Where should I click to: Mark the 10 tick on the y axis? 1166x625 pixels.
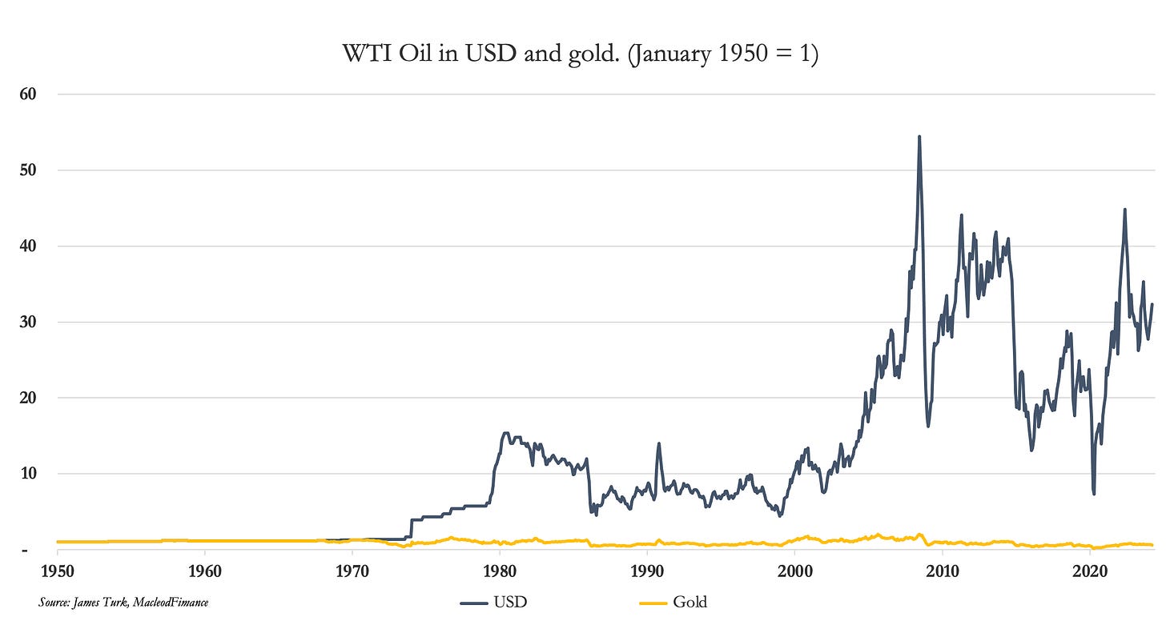30,474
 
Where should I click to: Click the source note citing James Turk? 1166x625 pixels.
123,601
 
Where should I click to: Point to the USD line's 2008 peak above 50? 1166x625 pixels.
919,137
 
